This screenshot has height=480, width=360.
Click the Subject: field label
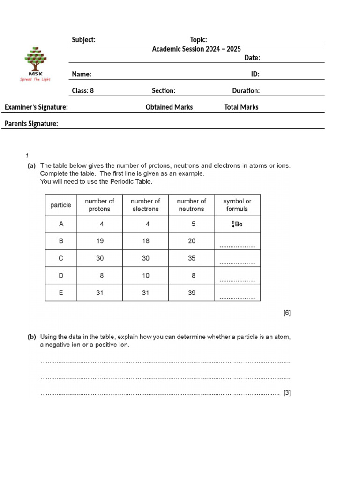coord(83,40)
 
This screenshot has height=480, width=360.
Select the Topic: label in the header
coord(198,40)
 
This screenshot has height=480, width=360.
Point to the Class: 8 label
coord(82,90)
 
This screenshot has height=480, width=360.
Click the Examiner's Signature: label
coord(36,107)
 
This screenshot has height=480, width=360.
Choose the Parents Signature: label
coord(31,124)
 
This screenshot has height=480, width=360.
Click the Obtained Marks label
coord(169,107)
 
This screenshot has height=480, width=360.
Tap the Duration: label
coord(246,90)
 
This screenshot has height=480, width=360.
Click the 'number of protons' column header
coord(99,205)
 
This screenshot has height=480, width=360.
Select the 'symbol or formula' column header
coord(237,205)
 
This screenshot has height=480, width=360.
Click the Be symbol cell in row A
coord(237,224)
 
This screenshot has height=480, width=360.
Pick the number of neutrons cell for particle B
coord(191,241)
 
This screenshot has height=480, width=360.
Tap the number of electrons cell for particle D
coord(145,276)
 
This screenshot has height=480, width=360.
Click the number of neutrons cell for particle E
coord(191,292)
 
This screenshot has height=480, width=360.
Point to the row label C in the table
coord(61,258)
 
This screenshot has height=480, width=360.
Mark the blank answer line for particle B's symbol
coord(237,246)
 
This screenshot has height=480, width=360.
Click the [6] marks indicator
coord(287,313)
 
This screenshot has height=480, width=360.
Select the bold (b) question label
coord(32,337)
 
